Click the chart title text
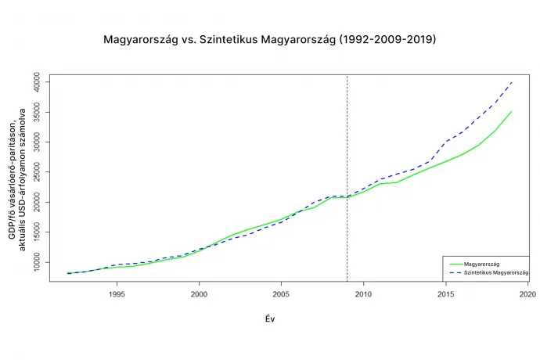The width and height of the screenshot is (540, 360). click(x=270, y=38)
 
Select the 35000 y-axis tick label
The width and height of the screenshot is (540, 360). click(x=45, y=112)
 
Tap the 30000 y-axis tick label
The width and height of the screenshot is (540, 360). click(x=45, y=142)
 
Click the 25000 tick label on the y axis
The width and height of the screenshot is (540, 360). click(x=45, y=172)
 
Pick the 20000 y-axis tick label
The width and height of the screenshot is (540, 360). click(x=45, y=202)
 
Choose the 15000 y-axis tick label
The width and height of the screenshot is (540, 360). click(x=45, y=232)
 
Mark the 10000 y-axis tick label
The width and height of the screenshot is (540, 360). click(x=45, y=262)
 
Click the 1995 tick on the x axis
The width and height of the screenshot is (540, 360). click(x=117, y=295)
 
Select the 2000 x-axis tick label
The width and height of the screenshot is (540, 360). click(x=199, y=295)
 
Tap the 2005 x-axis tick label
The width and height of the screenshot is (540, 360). click(x=281, y=295)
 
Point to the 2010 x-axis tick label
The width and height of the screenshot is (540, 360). click(x=363, y=295)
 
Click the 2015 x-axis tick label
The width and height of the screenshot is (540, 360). click(x=445, y=295)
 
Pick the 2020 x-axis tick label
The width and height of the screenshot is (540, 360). click(x=527, y=295)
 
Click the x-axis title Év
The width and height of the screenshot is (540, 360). click(x=269, y=319)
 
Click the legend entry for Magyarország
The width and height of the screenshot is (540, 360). click(x=482, y=262)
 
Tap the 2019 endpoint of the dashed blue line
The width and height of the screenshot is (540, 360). click(x=511, y=82)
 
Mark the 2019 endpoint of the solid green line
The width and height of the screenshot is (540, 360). click(x=511, y=112)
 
